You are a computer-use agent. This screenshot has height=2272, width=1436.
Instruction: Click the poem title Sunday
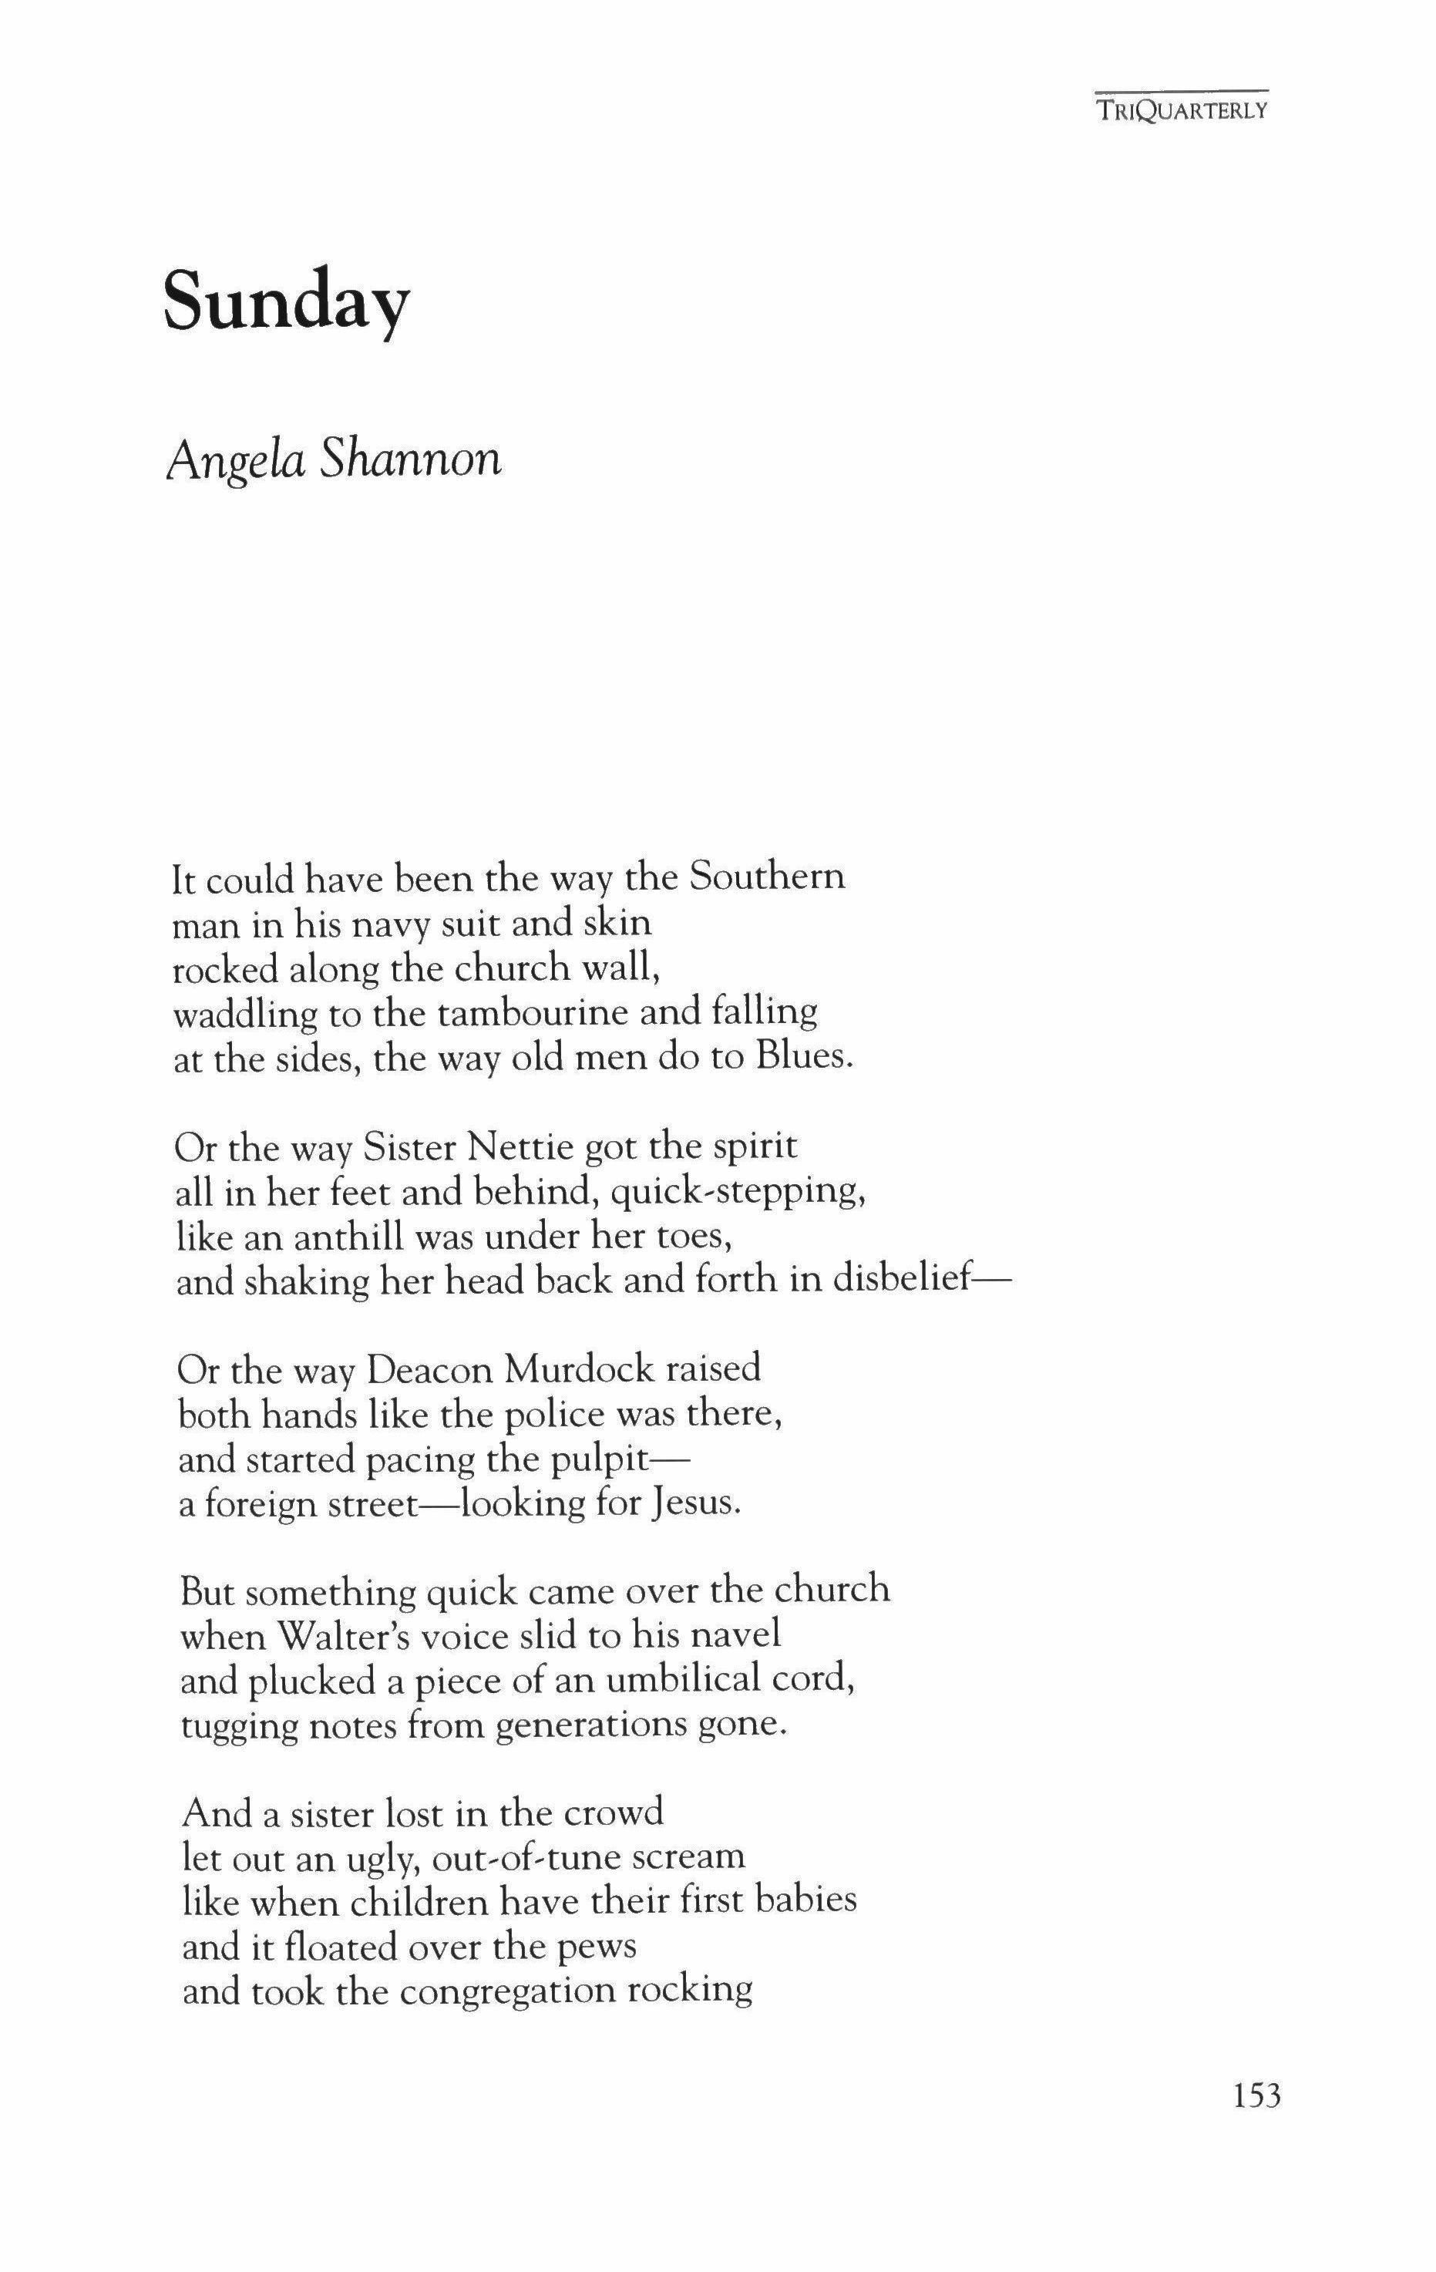coord(287,300)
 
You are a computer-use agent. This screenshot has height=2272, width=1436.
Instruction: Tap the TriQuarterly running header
coord(1182,110)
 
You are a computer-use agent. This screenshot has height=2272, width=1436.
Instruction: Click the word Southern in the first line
coord(766,877)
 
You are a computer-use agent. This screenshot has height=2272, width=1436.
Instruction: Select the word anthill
coord(352,1236)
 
